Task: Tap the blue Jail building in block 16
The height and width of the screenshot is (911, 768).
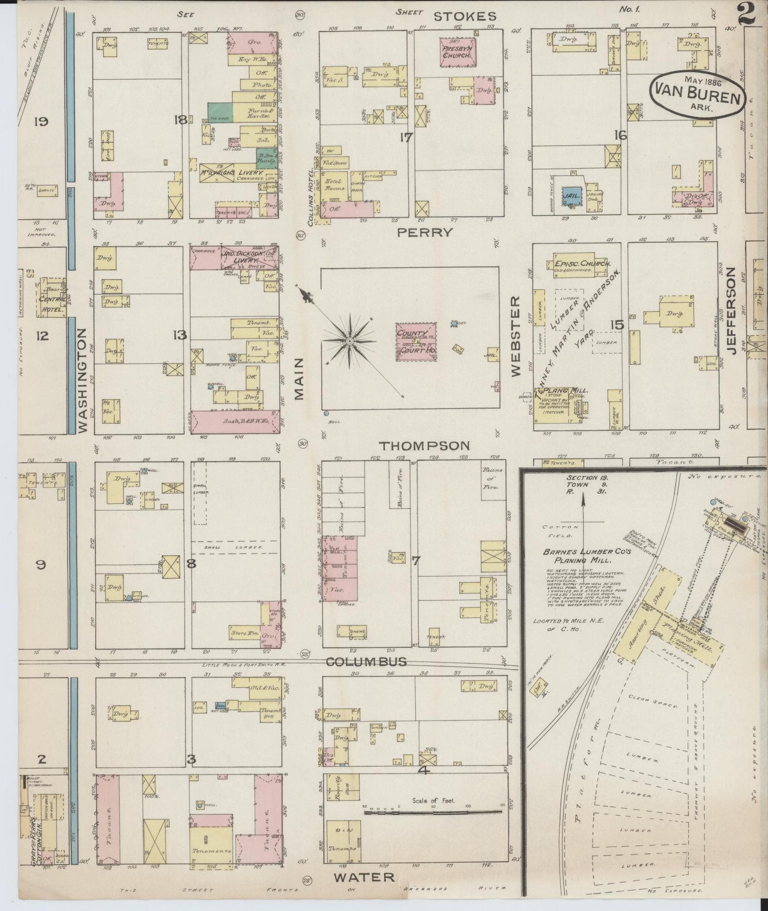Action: [x=571, y=195]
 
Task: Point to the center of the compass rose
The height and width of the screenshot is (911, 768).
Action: [x=350, y=340]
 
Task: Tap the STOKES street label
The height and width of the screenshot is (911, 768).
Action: [x=465, y=17]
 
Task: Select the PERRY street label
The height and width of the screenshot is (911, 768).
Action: [x=425, y=232]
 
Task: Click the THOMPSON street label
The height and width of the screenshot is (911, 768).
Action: [x=425, y=445]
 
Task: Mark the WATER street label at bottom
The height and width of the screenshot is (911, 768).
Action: [x=364, y=877]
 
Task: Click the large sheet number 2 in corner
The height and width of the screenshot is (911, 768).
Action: [x=747, y=12]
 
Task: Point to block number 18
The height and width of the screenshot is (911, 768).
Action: [x=180, y=120]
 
